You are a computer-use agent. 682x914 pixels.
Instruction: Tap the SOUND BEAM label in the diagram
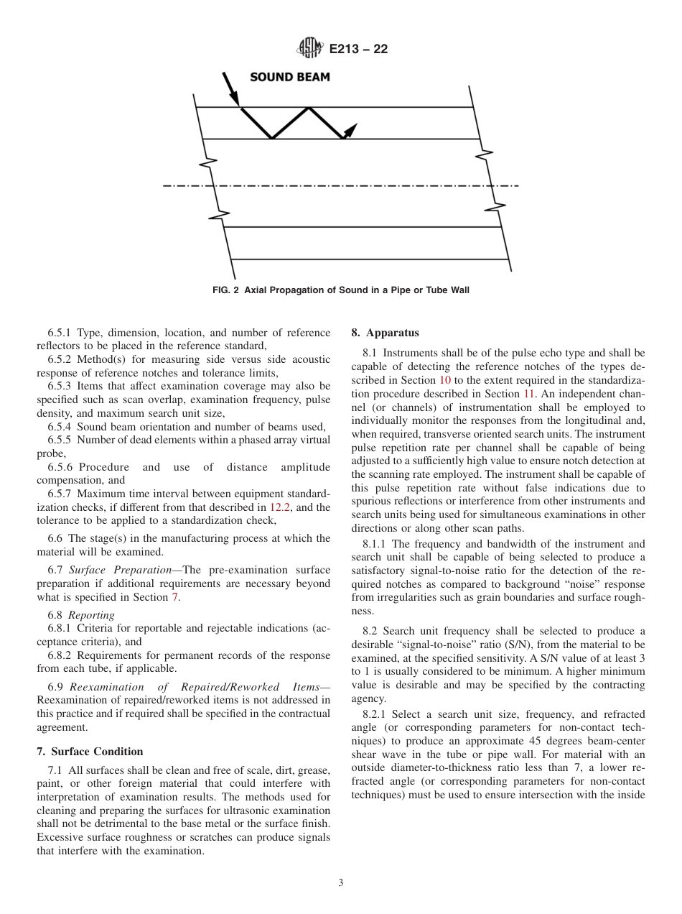[x=290, y=78]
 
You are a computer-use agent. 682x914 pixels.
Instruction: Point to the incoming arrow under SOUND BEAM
[x=231, y=91]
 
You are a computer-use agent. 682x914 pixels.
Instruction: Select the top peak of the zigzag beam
[x=309, y=109]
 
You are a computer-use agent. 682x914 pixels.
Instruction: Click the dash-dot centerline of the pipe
[x=341, y=185]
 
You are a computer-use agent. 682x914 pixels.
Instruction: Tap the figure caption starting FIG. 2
[x=341, y=290]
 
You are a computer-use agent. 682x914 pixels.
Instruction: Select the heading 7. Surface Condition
[x=90, y=752]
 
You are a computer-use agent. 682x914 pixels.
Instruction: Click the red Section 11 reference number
[x=528, y=394]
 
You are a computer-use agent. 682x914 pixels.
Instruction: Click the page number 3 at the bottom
[x=341, y=883]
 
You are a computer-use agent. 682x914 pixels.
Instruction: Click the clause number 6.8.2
[x=60, y=655]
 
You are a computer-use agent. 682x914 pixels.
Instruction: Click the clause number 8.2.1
[x=378, y=714]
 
